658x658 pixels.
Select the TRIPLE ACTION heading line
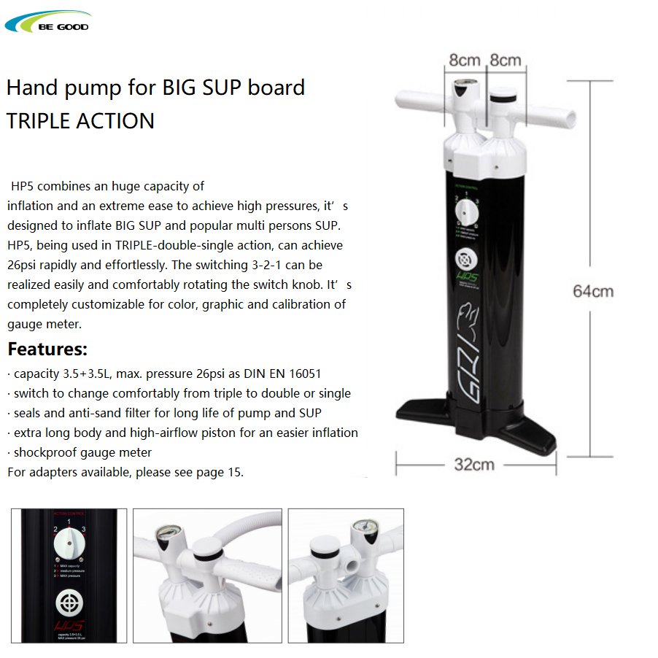pyautogui.click(x=80, y=120)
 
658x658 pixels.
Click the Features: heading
pyautogui.click(x=47, y=349)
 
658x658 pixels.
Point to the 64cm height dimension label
pyautogui.click(x=592, y=291)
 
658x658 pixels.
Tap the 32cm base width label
pyautogui.click(x=474, y=464)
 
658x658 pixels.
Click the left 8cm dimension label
pyautogui.click(x=465, y=60)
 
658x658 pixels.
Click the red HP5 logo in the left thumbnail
pyautogui.click(x=69, y=625)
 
